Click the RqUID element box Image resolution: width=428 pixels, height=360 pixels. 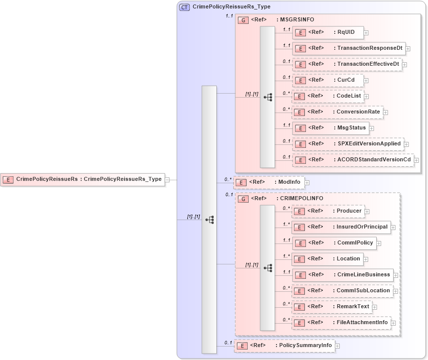[327, 32]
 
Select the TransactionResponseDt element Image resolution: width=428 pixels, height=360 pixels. [349, 48]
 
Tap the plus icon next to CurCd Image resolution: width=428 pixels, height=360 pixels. [366, 81]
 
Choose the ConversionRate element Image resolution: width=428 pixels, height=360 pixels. [337, 112]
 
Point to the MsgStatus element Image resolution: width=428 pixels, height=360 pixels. [331, 128]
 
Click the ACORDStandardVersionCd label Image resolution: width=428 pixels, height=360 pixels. [374, 159]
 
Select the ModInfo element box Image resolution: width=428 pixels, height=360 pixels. [269, 182]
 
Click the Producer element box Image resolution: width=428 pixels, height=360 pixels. [328, 211]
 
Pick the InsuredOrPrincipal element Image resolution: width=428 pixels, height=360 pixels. [341, 227]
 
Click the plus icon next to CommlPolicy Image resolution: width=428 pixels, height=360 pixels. [379, 243]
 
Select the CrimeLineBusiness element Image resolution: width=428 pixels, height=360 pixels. [342, 274]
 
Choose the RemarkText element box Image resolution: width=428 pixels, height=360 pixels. [331, 307]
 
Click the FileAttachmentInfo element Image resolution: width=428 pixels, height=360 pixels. [341, 323]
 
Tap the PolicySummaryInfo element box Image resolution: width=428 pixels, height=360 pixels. [285, 346]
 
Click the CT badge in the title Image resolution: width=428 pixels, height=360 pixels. [184, 7]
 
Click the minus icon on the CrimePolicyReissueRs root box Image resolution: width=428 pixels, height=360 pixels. [167, 179]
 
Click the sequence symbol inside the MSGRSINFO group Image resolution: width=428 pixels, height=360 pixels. [268, 97]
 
